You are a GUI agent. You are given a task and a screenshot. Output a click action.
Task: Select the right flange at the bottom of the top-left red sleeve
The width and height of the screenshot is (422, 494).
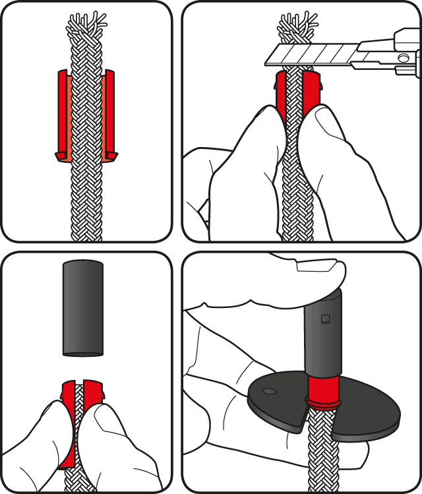(x=111, y=156)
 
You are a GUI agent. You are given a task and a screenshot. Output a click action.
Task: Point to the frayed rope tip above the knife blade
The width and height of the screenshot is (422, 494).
(x=297, y=26)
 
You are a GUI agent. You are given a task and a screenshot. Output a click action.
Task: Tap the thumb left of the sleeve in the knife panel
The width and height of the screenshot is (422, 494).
(x=260, y=132)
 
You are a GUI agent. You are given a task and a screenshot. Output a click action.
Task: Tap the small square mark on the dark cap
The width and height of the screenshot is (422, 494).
(x=324, y=320)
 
